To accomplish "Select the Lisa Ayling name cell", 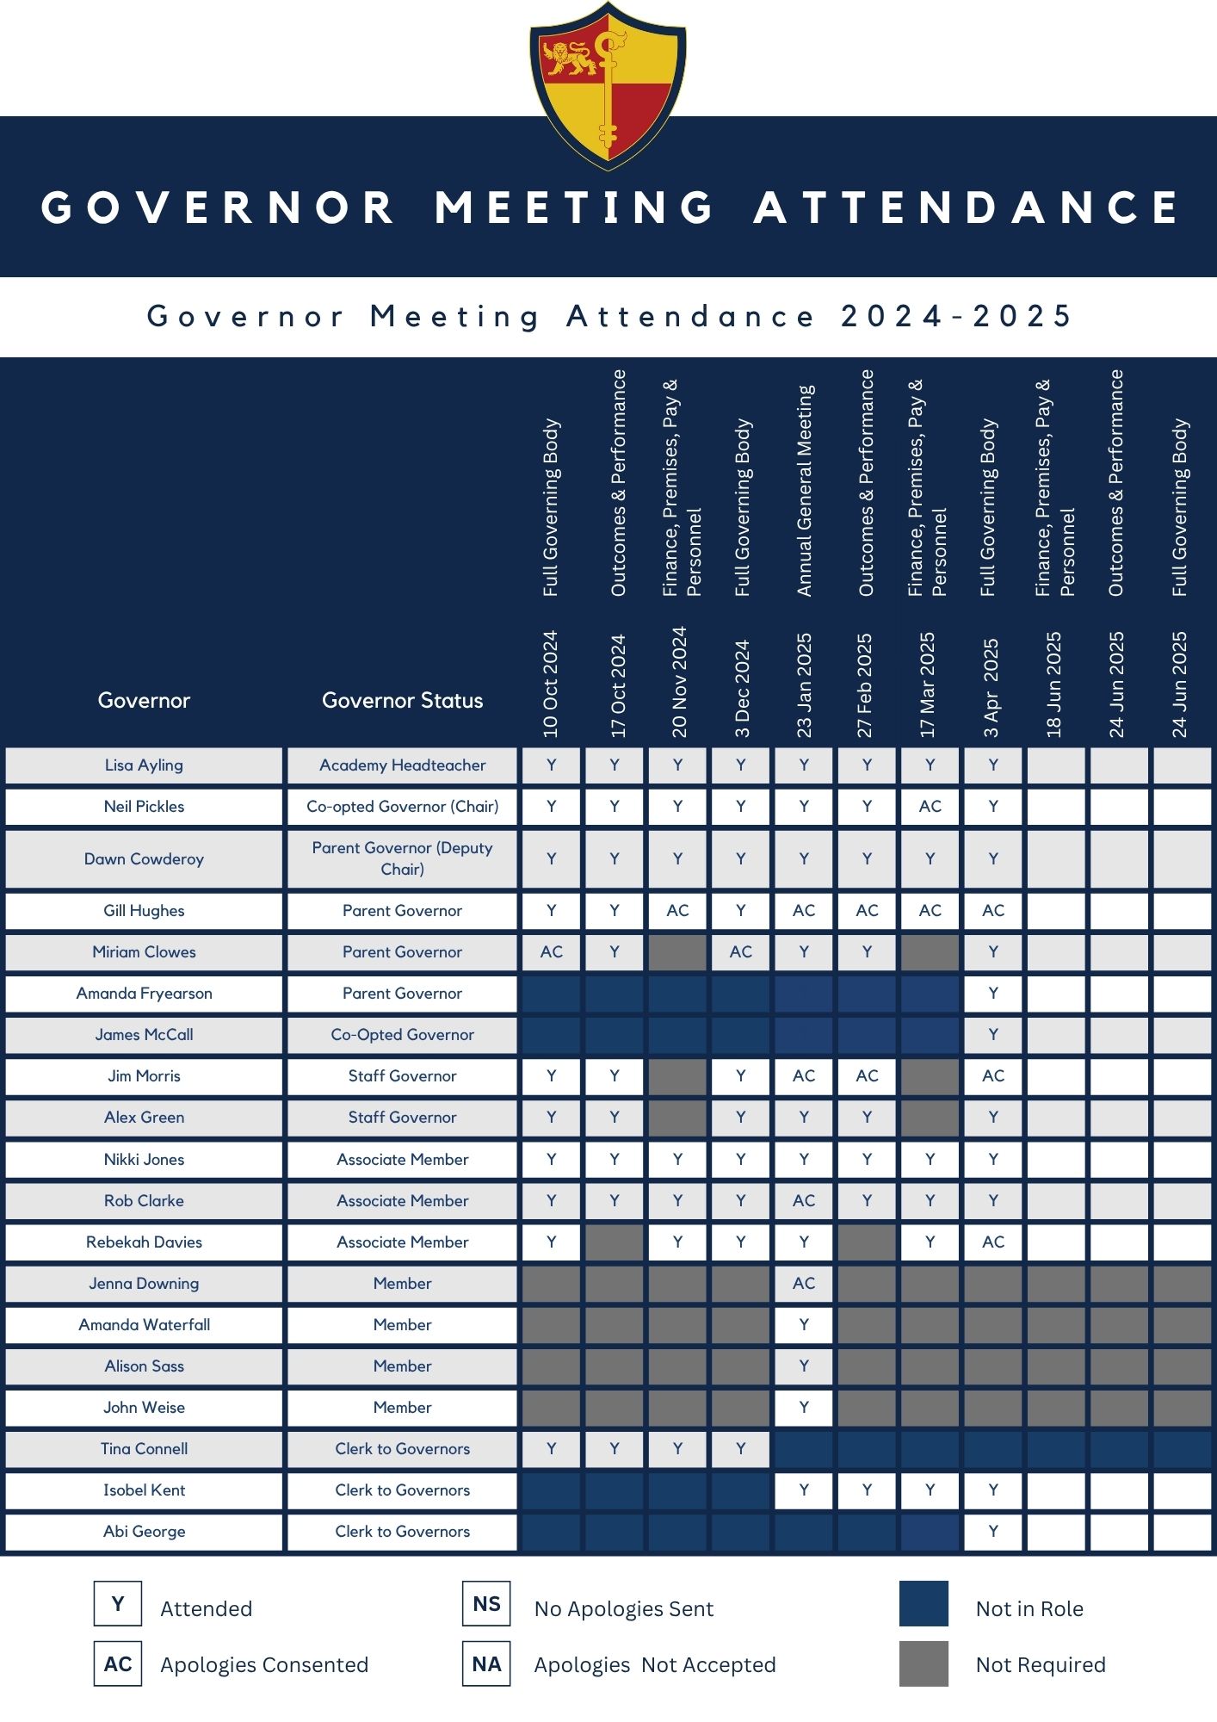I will [144, 765].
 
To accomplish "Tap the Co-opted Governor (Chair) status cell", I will [402, 807].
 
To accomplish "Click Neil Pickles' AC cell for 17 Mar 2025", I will [930, 807].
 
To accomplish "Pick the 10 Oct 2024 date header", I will [551, 684].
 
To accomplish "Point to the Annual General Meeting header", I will [805, 491].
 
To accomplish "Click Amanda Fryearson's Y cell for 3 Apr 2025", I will [993, 994].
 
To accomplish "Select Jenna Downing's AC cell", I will [804, 1284].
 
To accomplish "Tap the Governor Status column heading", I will [402, 700].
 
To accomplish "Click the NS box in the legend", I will [486, 1603].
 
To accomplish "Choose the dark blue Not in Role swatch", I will [924, 1603].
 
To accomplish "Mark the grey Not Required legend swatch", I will [924, 1663].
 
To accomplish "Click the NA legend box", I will [486, 1663].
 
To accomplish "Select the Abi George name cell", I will [144, 1532].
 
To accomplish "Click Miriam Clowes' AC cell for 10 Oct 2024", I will [551, 952].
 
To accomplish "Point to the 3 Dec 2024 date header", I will [742, 689].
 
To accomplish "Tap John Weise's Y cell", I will [804, 1408].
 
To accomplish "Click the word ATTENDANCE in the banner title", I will [967, 208].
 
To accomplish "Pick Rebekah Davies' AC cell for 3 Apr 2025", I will [993, 1242].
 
